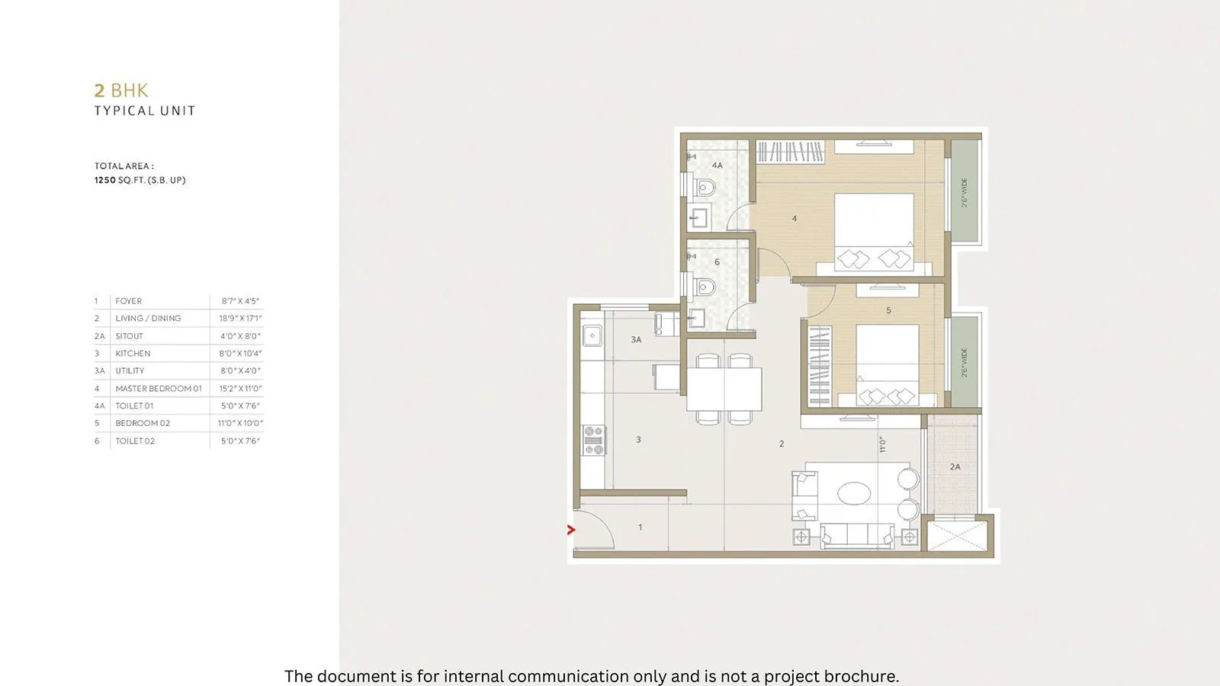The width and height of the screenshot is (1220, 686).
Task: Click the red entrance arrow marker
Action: click(571, 530)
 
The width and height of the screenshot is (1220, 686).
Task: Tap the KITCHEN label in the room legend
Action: click(133, 354)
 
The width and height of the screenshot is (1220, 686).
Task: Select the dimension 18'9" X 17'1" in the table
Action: click(240, 319)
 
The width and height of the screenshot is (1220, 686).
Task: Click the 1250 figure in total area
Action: click(105, 181)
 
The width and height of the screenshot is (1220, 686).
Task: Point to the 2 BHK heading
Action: click(121, 91)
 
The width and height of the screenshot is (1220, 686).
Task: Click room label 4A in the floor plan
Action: click(717, 165)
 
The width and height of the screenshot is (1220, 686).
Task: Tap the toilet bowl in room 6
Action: click(705, 287)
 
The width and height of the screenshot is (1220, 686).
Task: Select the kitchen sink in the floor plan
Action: click(592, 335)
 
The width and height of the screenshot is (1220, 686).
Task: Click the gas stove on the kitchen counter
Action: click(594, 441)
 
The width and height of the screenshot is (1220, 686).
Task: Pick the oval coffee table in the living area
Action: click(854, 493)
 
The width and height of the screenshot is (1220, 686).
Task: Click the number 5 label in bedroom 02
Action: click(888, 311)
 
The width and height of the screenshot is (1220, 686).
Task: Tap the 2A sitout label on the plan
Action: click(955, 467)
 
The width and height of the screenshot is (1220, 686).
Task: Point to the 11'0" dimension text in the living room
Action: click(882, 444)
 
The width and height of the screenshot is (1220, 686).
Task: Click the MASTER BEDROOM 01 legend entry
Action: click(159, 389)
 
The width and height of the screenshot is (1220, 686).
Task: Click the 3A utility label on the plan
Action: click(636, 340)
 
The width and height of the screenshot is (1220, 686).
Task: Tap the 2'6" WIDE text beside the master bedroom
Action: click(965, 193)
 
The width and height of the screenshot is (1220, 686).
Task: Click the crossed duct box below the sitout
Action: click(957, 533)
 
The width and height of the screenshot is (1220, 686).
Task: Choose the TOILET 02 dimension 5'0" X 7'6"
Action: click(240, 441)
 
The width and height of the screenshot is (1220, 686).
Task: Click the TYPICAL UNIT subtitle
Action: click(145, 111)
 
